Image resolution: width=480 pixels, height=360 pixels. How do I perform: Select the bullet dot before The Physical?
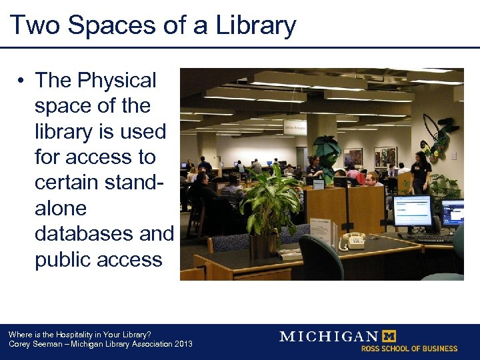[x=22, y=81]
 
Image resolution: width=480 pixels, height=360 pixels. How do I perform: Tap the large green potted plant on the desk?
[x=269, y=200]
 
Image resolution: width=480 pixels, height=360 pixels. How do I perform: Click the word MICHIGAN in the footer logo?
[x=328, y=336]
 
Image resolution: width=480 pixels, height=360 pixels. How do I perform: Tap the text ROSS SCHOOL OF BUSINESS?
[x=409, y=349]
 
